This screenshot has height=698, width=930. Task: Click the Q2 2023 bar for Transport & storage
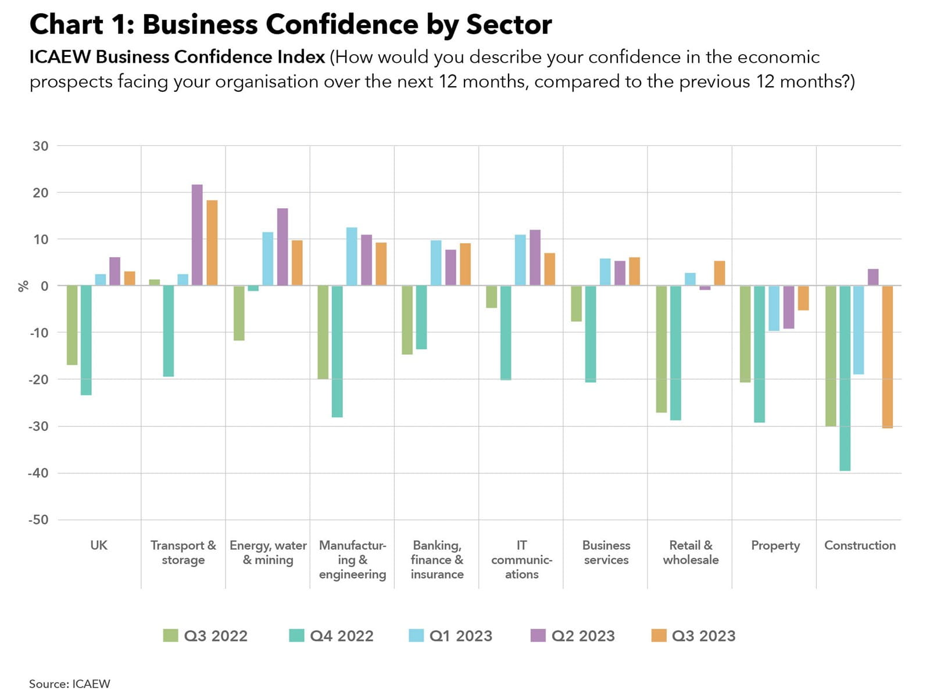[197, 235]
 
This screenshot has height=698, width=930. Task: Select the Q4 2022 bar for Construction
[845, 378]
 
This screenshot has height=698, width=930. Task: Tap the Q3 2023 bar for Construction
[887, 357]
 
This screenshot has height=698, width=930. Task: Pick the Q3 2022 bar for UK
[72, 325]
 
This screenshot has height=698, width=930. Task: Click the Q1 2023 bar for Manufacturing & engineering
[352, 257]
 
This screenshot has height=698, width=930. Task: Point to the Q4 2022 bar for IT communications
[506, 333]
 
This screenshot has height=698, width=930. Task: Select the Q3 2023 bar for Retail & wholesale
[720, 273]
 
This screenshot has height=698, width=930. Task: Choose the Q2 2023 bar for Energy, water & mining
[282, 247]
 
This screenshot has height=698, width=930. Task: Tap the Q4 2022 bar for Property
[759, 354]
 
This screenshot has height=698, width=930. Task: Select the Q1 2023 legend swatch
[416, 636]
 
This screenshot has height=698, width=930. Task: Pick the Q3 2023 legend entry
[693, 636]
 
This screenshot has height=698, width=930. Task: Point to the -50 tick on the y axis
[38, 519]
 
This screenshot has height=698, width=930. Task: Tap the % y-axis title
[23, 286]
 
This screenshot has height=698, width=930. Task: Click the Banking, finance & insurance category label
[437, 560]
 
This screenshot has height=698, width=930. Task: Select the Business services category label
[606, 553]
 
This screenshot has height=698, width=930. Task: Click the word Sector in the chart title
[509, 25]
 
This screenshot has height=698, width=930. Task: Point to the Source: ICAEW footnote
[70, 684]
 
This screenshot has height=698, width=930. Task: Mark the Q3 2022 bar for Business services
[576, 304]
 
